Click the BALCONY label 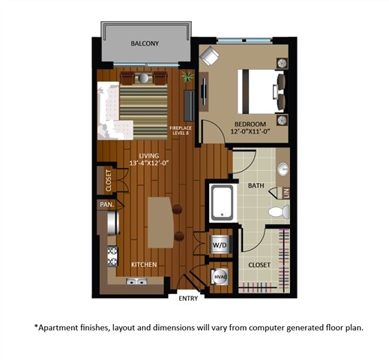(x=145, y=44)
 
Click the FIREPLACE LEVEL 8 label (x=181, y=130)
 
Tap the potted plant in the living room (x=186, y=76)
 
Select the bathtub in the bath (x=222, y=202)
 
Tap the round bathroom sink (x=284, y=169)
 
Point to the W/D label (x=220, y=245)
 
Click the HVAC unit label (x=220, y=277)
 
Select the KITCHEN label (x=144, y=265)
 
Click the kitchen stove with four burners (x=113, y=256)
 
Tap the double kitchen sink (x=136, y=283)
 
